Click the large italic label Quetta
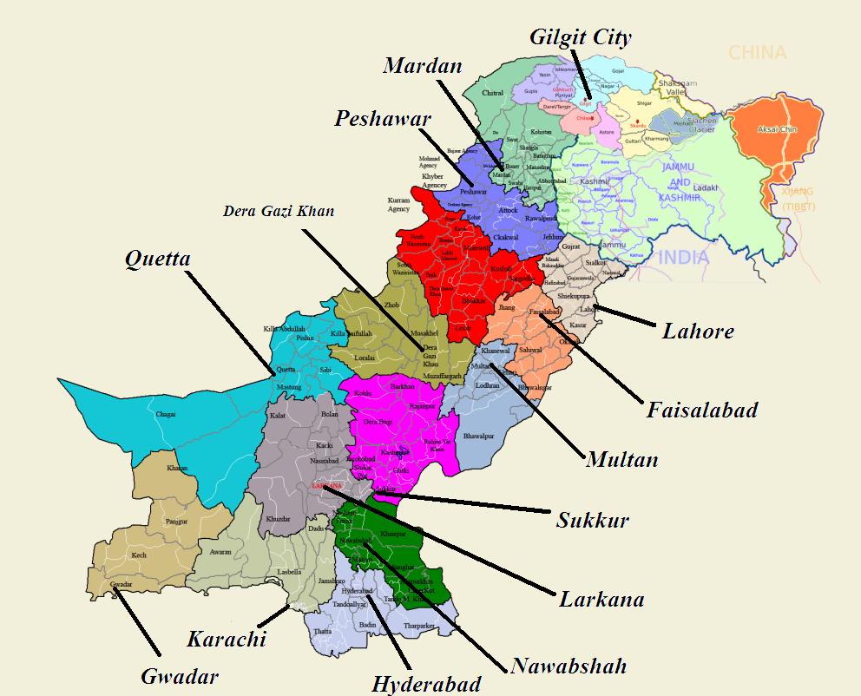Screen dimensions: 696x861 point(158,258)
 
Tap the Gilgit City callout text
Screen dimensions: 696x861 point(581,37)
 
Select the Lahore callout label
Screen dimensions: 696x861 point(698,331)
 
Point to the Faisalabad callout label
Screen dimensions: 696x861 point(701,409)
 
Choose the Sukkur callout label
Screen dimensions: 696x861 point(592,520)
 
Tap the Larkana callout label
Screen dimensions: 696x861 point(601,599)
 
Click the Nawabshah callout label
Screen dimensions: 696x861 point(569,666)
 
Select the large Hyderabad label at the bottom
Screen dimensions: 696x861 point(426,684)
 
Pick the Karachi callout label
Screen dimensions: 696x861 point(226,640)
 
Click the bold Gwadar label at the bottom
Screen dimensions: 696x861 point(180,676)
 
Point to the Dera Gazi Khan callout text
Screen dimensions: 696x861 point(278,211)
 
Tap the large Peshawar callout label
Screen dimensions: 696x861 point(382,118)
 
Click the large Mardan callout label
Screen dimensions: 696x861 point(423,65)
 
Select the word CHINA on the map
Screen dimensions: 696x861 point(757,53)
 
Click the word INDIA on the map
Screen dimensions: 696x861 point(684,258)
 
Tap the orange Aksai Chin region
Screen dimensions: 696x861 point(776,130)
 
